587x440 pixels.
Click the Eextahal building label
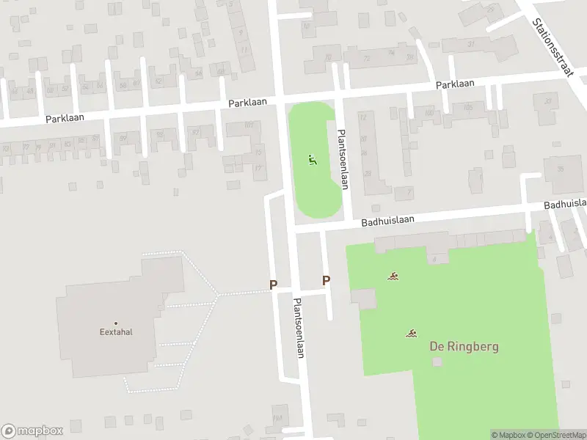click(x=116, y=331)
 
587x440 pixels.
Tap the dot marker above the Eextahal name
click(x=116, y=323)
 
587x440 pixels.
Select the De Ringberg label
click(x=463, y=345)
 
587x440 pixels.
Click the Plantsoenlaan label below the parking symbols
click(x=299, y=328)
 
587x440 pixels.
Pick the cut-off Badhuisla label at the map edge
click(x=565, y=203)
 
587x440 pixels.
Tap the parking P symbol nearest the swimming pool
click(x=326, y=280)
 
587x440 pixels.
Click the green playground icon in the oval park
click(x=313, y=160)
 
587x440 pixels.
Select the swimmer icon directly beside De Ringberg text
click(x=412, y=334)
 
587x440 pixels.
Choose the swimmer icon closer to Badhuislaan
click(x=394, y=276)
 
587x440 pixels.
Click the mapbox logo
click(x=33, y=430)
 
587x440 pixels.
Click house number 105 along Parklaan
click(x=468, y=107)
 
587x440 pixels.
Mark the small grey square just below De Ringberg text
click(x=438, y=362)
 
